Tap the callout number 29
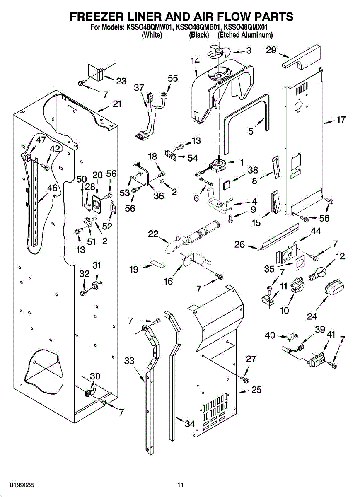coord(271,50)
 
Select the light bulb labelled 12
coord(318,273)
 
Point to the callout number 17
coord(341,121)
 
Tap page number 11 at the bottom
coord(180,485)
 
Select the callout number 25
coord(256,389)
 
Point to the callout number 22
coord(153,234)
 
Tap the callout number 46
coord(52,188)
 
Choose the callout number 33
coord(130,361)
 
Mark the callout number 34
coord(190,424)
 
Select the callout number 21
coord(117,104)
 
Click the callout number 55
coord(173,79)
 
